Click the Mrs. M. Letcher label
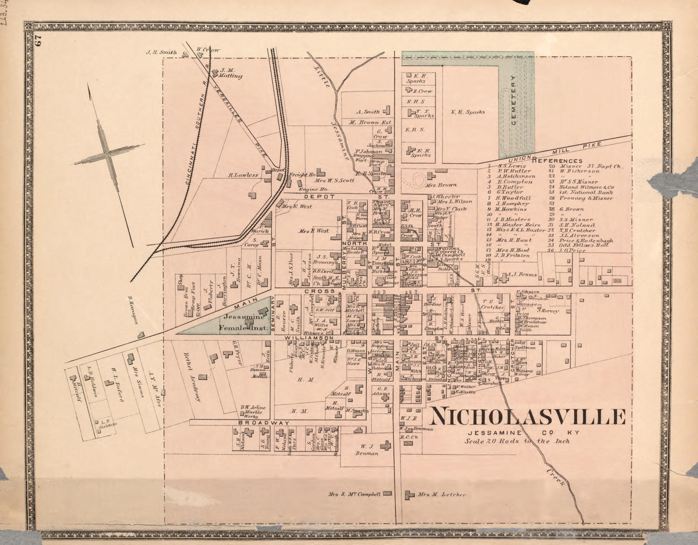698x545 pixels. pyautogui.click(x=441, y=495)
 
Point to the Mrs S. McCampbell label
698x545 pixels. pyautogui.click(x=354, y=494)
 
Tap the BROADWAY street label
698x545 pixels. pyautogui.click(x=264, y=423)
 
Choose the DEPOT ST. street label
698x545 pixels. pyautogui.click(x=320, y=197)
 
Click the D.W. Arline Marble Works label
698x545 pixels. pyautogui.click(x=253, y=412)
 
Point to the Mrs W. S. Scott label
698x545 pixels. pyautogui.click(x=334, y=180)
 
